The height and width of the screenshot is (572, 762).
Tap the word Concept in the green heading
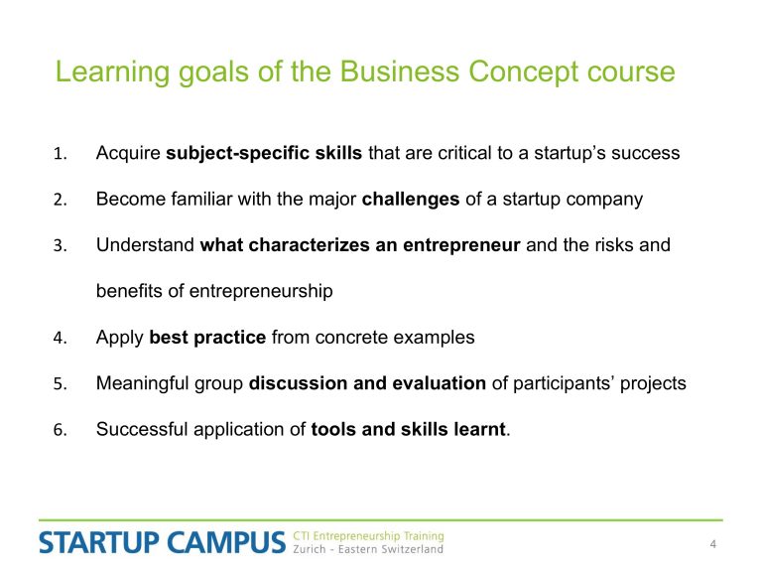pyautogui.click(x=524, y=71)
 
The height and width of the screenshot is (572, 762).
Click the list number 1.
pyautogui.click(x=60, y=154)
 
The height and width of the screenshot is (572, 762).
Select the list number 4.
pyautogui.click(x=60, y=338)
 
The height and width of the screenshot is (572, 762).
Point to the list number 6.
pyautogui.click(x=60, y=430)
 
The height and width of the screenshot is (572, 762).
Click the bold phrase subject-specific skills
pyautogui.click(x=264, y=153)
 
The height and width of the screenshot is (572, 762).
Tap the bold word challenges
pyautogui.click(x=411, y=200)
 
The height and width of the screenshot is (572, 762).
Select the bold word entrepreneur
pyautogui.click(x=461, y=245)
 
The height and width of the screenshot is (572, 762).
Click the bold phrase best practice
pyautogui.click(x=207, y=338)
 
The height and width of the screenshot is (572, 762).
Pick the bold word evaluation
pyautogui.click(x=439, y=383)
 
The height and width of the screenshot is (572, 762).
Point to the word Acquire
pyautogui.click(x=128, y=153)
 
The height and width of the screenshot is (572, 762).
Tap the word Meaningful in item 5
pyautogui.click(x=143, y=383)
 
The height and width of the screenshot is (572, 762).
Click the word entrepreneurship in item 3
pyautogui.click(x=261, y=291)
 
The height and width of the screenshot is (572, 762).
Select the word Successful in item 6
pyautogui.click(x=142, y=429)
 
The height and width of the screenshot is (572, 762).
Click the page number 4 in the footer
pyautogui.click(x=713, y=544)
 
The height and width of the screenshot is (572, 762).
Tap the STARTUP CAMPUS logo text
pyautogui.click(x=162, y=543)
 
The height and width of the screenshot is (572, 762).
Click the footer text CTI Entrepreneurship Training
pyautogui.click(x=368, y=536)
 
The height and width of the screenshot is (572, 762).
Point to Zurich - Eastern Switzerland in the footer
pyautogui.click(x=368, y=549)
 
